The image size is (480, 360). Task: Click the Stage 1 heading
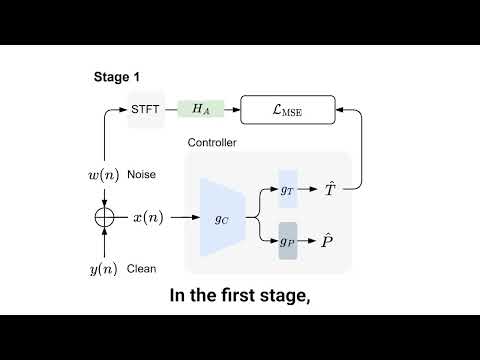point(118,77)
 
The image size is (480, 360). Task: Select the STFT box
point(146,108)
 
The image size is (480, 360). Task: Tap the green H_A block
point(200,108)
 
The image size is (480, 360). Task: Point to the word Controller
point(213,144)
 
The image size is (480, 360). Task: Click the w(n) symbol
point(104,175)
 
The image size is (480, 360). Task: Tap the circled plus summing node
point(103,216)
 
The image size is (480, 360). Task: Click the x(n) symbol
point(149,216)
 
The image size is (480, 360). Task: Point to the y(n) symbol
point(104,268)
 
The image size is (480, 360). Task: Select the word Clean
point(142,268)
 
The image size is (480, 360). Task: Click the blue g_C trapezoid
point(222,216)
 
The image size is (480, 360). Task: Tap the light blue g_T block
point(288,189)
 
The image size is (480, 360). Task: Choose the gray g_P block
point(288,242)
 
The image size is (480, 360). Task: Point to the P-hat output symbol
point(330,241)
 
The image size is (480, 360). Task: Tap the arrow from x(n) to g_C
point(183,216)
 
